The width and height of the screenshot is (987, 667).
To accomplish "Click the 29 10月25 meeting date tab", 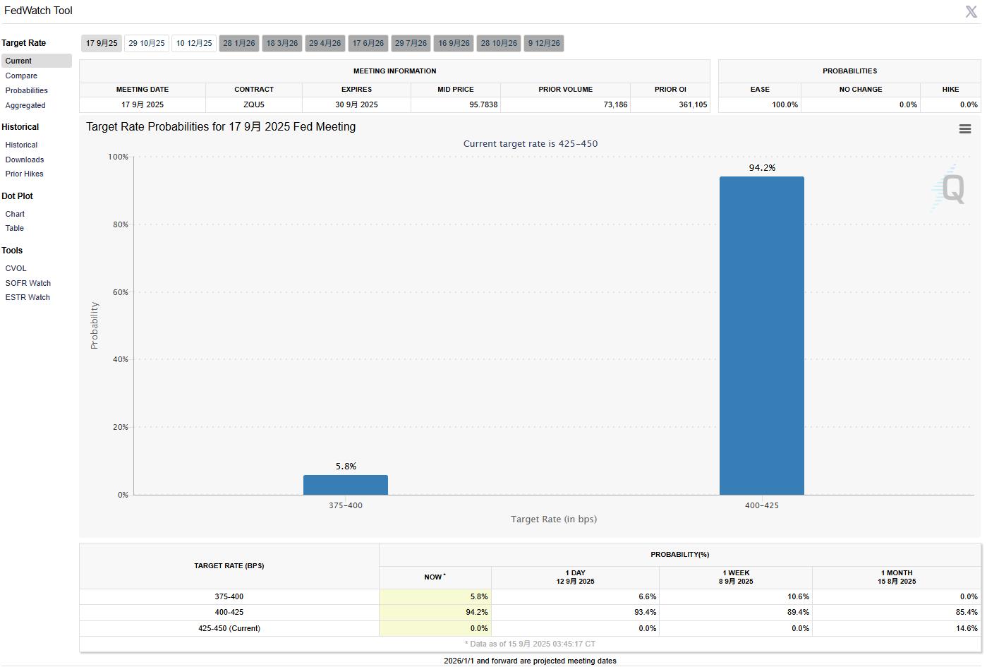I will pyautogui.click(x=147, y=44).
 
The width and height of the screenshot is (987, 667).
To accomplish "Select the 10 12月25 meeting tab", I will pyautogui.click(x=194, y=44).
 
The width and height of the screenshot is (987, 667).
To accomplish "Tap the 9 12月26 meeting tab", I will pyautogui.click(x=544, y=44).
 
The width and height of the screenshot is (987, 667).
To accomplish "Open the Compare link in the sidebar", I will pyautogui.click(x=21, y=76).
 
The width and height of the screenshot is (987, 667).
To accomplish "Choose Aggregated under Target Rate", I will pyautogui.click(x=25, y=106).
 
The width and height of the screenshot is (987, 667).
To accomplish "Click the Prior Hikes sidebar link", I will pyautogui.click(x=25, y=174).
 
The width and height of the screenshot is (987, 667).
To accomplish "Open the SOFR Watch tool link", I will pyautogui.click(x=28, y=284).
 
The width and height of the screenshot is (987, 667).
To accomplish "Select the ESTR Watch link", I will pyautogui.click(x=28, y=298).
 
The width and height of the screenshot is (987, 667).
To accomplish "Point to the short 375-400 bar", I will pyautogui.click(x=346, y=485).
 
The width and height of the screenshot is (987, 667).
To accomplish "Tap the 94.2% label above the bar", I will pyautogui.click(x=762, y=168).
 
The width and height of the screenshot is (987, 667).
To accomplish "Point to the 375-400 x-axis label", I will pyautogui.click(x=346, y=506).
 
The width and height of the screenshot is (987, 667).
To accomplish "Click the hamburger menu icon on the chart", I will pyautogui.click(x=965, y=129).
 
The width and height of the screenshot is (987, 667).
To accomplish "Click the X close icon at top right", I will pyautogui.click(x=971, y=12).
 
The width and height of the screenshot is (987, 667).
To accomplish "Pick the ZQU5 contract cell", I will pyautogui.click(x=254, y=105).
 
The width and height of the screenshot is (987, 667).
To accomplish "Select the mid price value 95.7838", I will pyautogui.click(x=483, y=105).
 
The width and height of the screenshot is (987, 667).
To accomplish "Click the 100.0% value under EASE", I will pyautogui.click(x=785, y=105).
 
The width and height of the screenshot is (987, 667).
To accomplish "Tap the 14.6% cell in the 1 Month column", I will pyautogui.click(x=966, y=629).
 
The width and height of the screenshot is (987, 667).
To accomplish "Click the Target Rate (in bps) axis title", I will pyautogui.click(x=554, y=519).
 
